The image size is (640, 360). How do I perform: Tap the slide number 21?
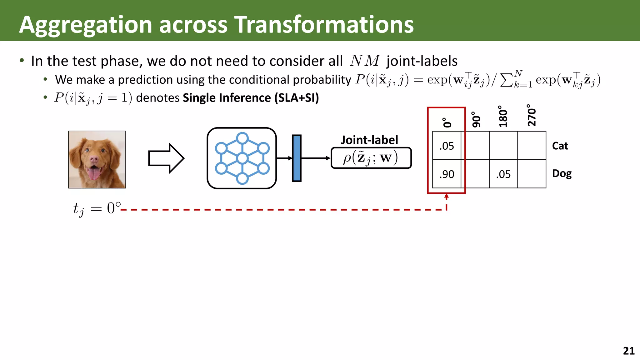coord(628,351)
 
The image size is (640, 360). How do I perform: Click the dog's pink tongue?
coord(94,174)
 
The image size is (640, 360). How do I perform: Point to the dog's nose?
coord(94,159)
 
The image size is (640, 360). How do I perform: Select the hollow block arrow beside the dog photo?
coord(166,158)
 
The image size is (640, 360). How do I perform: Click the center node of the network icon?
coord(242,158)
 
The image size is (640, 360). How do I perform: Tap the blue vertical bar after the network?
coord(297,158)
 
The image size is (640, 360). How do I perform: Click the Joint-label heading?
coord(369,140)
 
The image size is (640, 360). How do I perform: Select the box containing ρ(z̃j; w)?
coord(371,158)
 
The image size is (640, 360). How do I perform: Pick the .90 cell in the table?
coord(447,174)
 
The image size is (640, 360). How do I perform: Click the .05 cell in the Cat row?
coord(447,146)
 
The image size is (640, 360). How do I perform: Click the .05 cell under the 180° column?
coord(503,174)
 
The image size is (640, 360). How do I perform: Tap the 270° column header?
coord(532,116)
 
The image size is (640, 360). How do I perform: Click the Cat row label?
coord(560,146)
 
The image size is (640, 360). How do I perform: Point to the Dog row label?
coord(562,174)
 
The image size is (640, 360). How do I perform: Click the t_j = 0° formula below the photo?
coord(97,208)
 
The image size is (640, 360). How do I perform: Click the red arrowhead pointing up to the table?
coord(447,197)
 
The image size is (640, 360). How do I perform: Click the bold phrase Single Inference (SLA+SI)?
coord(251,98)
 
